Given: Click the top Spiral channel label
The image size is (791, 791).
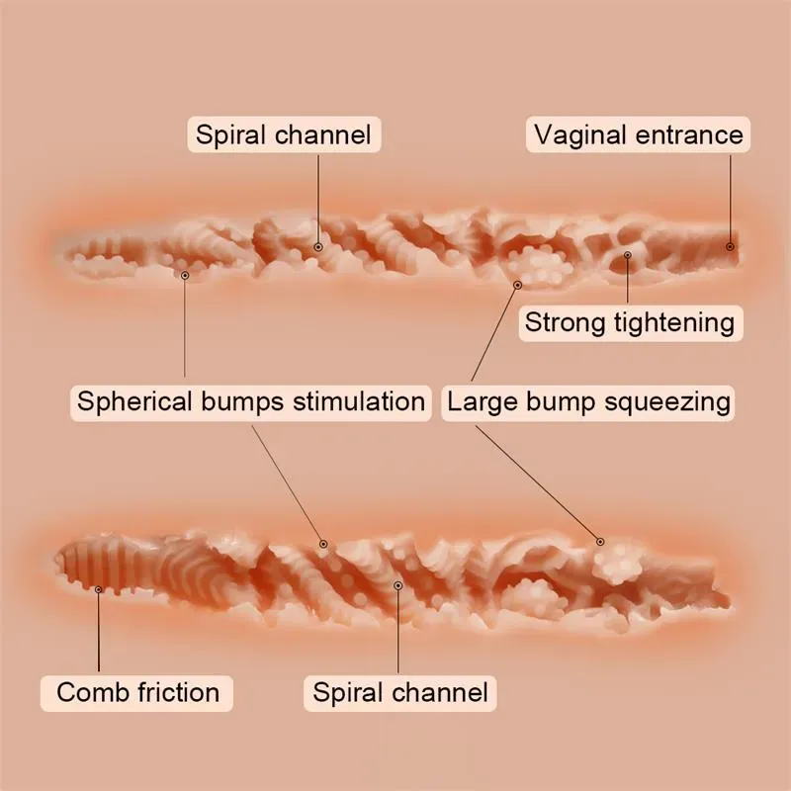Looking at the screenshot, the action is (284, 134).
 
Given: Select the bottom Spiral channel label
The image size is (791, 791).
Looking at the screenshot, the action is (400, 692).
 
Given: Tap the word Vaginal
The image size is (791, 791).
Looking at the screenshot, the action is (572, 134).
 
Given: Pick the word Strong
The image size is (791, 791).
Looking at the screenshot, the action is (565, 323).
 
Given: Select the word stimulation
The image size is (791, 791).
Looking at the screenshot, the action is (359, 402).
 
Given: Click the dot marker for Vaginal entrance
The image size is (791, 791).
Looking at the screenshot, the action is (730, 246).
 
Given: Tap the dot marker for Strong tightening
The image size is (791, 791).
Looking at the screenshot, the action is (628, 255).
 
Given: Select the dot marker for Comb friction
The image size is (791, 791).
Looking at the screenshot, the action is (98, 589).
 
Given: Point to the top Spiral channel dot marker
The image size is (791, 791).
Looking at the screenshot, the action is (318, 247).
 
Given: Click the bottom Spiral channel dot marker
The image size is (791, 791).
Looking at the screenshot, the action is (398, 585).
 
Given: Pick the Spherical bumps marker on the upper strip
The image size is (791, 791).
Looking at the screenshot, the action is (185, 275).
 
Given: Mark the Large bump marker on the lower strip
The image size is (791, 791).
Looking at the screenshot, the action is (600, 542).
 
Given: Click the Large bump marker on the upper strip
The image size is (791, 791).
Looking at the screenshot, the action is (517, 285).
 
